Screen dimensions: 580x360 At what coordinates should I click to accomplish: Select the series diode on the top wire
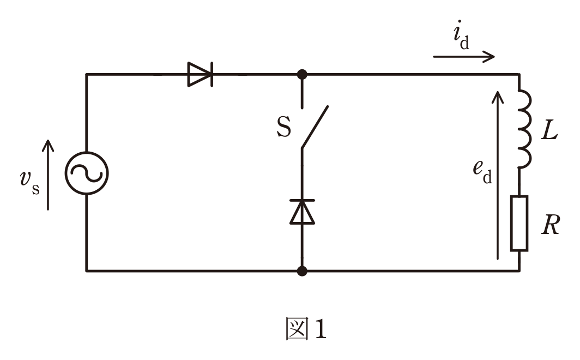pos(200,74)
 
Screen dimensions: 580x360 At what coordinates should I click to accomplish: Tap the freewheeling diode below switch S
pos(302,212)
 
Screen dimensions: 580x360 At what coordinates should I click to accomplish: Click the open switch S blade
pos(315,127)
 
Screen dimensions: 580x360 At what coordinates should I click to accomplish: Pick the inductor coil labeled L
pos(524,129)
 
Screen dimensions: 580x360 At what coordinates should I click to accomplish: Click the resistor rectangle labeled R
pos(519,224)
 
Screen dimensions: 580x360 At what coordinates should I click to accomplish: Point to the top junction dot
pos(302,74)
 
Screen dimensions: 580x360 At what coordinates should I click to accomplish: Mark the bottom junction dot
pos(302,271)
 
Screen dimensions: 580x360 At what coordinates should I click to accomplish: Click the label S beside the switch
pos(283,127)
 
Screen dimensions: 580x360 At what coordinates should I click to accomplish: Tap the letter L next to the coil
pos(549,130)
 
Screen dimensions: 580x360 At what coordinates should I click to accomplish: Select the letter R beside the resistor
pos(551,225)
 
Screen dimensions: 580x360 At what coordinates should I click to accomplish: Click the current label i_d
pos(461,35)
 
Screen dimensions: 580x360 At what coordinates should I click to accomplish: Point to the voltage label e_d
pos(482,172)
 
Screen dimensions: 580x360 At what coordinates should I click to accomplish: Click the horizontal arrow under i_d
pos(464,57)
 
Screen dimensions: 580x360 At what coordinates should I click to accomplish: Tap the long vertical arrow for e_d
pos(498,176)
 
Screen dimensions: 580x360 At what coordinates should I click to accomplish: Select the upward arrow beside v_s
pos(48,175)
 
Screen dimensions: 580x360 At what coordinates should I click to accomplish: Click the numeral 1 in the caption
pos(321,328)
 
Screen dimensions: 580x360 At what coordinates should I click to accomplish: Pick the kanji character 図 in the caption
pos(297,328)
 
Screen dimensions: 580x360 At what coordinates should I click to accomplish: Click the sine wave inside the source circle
pos(87,173)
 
